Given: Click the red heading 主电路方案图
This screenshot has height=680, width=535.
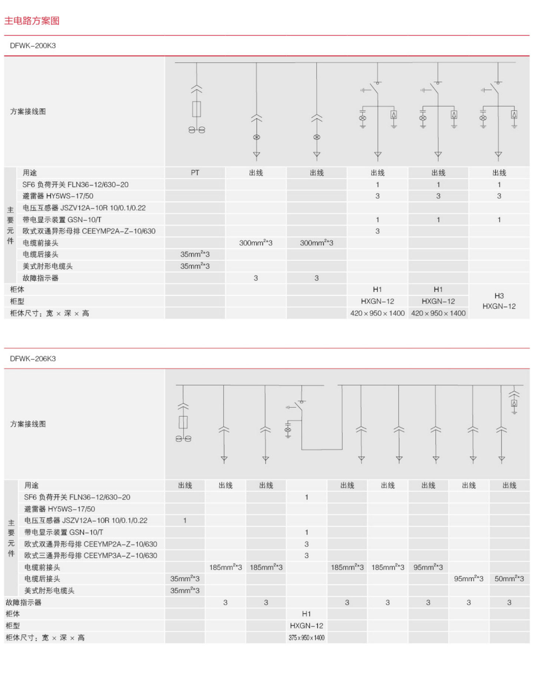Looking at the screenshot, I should (x=32, y=21).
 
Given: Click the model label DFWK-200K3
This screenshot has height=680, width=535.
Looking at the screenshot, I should (x=33, y=46).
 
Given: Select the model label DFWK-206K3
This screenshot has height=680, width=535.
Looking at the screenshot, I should (x=33, y=359).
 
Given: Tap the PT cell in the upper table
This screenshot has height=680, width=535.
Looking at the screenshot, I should (x=195, y=173).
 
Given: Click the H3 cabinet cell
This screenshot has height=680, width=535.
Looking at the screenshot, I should (x=499, y=296).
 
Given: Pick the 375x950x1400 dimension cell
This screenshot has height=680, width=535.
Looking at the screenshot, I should (x=307, y=638).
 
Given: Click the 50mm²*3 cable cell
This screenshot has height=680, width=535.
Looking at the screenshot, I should (x=509, y=579).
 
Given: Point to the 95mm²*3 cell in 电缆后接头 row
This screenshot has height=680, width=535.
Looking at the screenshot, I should (x=469, y=579).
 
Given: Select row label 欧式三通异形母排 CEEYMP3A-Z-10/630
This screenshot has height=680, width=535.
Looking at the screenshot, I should (x=91, y=555).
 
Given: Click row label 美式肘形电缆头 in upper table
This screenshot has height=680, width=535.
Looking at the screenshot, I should (x=47, y=266).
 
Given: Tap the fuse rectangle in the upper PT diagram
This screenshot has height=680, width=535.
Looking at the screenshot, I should (x=197, y=109).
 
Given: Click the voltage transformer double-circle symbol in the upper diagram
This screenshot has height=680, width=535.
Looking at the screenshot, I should (x=197, y=130).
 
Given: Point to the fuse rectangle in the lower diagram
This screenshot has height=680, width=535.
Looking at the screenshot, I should (x=183, y=422).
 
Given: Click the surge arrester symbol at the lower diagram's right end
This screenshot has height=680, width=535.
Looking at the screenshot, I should (x=514, y=404).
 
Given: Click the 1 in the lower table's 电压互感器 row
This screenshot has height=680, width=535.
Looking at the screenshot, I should (x=185, y=520).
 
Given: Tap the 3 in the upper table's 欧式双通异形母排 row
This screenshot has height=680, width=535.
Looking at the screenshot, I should (x=377, y=231).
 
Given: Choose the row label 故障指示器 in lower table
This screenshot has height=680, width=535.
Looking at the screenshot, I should (x=23, y=602).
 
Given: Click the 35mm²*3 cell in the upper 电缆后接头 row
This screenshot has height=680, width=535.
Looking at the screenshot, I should (x=195, y=254).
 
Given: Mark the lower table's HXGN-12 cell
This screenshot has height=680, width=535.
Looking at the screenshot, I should (x=307, y=626).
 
